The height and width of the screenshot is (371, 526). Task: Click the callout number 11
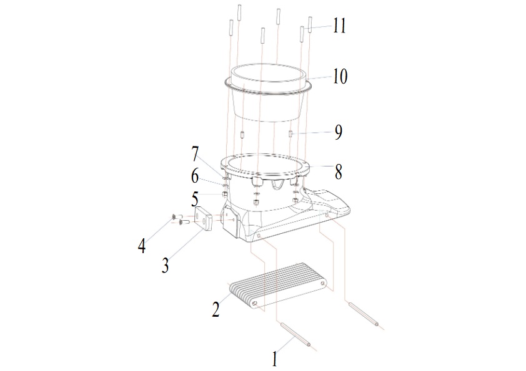click(x=339, y=26)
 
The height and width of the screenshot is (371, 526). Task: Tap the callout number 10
click(x=340, y=77)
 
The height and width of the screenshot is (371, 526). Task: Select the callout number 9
click(x=339, y=132)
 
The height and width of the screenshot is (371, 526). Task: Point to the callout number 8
click(x=339, y=171)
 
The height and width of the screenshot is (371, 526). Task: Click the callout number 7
click(x=196, y=154)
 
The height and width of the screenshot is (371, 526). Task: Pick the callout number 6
click(x=195, y=176)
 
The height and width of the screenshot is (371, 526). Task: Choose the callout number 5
click(x=195, y=199)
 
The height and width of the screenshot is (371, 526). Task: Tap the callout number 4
click(x=142, y=246)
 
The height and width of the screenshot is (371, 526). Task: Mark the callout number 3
click(x=165, y=266)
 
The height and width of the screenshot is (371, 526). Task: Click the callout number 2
click(x=216, y=309)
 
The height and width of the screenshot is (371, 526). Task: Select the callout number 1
click(x=275, y=359)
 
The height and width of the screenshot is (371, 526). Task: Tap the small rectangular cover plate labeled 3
click(x=203, y=219)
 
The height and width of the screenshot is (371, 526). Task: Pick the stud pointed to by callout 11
click(x=310, y=24)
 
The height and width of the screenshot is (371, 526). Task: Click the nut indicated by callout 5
click(x=226, y=194)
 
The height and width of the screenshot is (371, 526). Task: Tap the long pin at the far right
click(x=364, y=314)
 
